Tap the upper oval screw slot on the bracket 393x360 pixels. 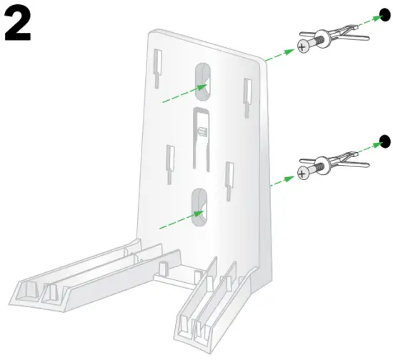pos(203,81)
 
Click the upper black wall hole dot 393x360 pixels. pos(384,15)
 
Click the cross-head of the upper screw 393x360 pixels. pos(304,46)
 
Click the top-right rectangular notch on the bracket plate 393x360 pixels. pos(248,91)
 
